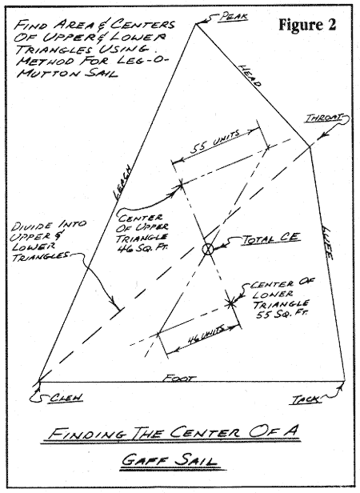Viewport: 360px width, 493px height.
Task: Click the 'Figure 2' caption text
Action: coord(307,25)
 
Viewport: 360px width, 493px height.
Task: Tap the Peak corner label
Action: coord(234,16)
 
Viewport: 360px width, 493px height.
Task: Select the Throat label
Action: coord(324,118)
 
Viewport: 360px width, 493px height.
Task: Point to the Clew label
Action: coord(66,398)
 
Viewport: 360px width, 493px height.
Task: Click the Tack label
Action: coord(304,399)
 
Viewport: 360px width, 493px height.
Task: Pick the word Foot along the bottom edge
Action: coord(179,378)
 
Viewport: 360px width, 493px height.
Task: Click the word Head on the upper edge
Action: coord(250,76)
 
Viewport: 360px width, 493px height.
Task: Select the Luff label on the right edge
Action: coord(327,242)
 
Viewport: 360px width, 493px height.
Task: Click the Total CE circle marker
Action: coord(207,250)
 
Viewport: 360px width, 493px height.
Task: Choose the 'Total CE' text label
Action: coord(270,238)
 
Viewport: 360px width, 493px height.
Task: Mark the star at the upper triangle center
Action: coord(181,184)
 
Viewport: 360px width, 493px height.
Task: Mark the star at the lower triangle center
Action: coord(231,303)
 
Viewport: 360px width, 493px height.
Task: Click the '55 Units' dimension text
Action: coord(214,142)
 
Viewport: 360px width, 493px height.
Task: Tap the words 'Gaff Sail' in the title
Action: coord(170,461)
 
